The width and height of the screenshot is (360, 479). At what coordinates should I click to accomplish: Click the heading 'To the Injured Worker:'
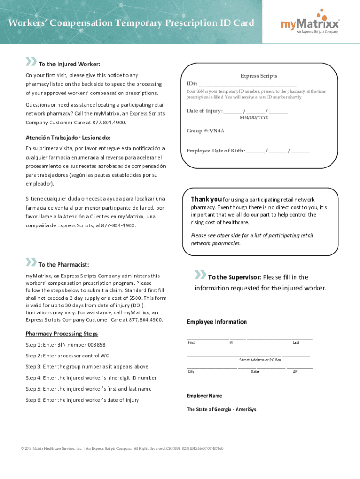pos(69,64)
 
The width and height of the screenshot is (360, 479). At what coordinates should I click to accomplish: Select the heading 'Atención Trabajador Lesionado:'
pos(68,138)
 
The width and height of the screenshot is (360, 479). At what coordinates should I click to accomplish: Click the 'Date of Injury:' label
pos(204,111)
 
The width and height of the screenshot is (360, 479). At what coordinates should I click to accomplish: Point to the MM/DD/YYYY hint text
pos(254,117)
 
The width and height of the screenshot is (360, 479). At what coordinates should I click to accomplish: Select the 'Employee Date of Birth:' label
pos(216,151)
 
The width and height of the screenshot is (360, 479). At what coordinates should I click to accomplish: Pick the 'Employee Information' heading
pos(217,322)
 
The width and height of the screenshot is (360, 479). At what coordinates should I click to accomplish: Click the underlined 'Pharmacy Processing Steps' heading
pos(62,334)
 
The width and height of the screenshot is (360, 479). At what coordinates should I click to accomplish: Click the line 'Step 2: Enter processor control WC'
pos(67,356)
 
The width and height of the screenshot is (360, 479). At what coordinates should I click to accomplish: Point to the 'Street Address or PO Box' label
pos(260,360)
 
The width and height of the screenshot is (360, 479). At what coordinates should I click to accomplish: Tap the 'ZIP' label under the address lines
pos(295,371)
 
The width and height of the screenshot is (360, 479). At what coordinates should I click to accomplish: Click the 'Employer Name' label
pos(204,396)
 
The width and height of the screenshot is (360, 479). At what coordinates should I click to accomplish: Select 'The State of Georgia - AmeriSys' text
pos(222,409)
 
